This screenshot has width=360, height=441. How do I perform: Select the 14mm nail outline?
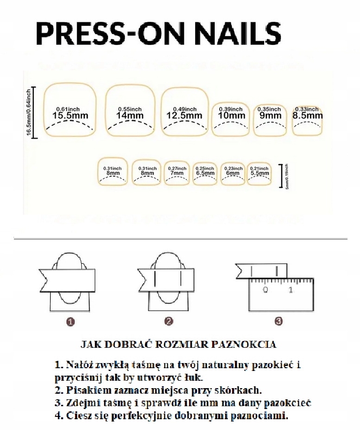130,112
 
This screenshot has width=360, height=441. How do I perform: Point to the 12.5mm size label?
185,115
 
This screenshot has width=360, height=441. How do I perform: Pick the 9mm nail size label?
270,115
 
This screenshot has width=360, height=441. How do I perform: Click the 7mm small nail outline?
177,172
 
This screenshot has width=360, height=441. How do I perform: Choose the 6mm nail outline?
233,172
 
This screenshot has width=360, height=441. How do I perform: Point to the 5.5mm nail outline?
259,172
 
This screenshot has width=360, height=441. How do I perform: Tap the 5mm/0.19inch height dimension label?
287,175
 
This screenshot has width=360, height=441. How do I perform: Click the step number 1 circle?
70,321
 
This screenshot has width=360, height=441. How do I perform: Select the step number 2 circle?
169,321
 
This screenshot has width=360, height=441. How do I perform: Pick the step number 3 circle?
278,321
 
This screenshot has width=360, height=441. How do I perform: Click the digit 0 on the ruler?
265,290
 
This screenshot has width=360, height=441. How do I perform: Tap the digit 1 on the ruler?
291,290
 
